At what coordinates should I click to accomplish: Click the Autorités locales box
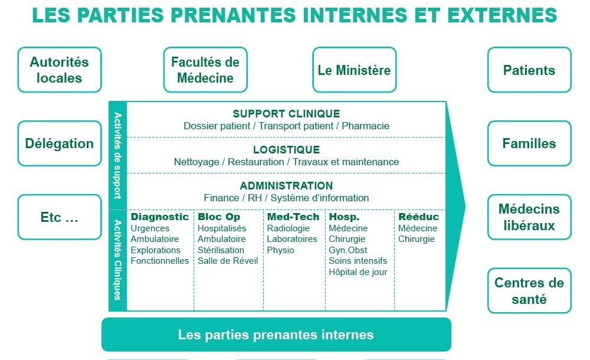coord(60,70)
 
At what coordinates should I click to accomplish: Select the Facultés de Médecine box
coord(205,70)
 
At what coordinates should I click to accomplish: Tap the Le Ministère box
coord(354,70)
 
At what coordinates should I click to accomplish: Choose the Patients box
coord(529,70)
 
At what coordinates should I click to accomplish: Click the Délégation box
coord(60,143)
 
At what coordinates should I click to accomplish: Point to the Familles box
coord(529,143)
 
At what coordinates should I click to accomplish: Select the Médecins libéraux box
coord(529,217)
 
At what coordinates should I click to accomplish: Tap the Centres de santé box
coord(529,290)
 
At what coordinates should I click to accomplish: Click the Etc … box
coord(60,217)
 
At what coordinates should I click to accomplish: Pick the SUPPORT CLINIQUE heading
coord(286,114)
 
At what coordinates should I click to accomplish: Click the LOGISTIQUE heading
coord(286,150)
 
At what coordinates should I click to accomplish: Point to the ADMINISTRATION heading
coord(286,186)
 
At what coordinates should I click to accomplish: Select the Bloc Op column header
coord(219,217)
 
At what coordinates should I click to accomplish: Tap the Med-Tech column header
coord(293,217)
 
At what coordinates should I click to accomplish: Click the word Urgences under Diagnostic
coord(150,228)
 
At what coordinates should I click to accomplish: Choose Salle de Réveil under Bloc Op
coord(228,261)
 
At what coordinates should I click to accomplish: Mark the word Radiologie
coord(289,228)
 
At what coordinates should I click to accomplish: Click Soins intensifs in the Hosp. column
coord(358,261)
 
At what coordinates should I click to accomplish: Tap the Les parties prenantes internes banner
coord(276,335)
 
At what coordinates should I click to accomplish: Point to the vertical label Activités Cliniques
coord(118,260)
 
